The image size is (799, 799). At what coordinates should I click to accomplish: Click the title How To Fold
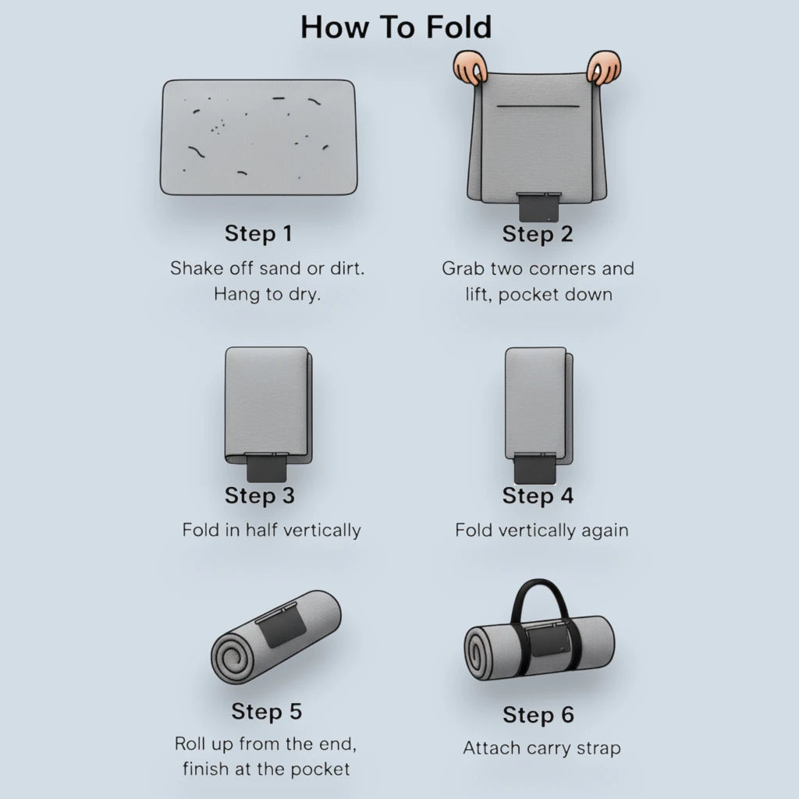pyautogui.click(x=396, y=27)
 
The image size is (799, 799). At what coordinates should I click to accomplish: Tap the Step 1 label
pyautogui.click(x=258, y=233)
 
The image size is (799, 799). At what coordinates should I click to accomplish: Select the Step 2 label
pyautogui.click(x=538, y=234)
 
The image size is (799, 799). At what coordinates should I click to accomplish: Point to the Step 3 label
pyautogui.click(x=260, y=495)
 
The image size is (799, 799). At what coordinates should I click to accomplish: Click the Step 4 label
pyautogui.click(x=538, y=495)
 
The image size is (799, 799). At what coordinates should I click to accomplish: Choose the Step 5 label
pyautogui.click(x=267, y=712)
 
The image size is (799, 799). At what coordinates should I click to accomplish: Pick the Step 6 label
pyautogui.click(x=538, y=715)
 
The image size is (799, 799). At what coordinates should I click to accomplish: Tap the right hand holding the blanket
pyautogui.click(x=604, y=67)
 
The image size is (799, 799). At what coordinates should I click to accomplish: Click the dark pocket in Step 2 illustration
pyautogui.click(x=539, y=207)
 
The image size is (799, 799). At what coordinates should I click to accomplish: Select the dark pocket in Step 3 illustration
pyautogui.click(x=267, y=467)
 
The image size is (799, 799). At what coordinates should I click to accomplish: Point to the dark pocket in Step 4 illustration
pyautogui.click(x=534, y=468)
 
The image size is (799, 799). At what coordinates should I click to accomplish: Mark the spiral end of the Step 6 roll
pyautogui.click(x=478, y=653)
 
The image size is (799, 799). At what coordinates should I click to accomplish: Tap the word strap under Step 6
pyautogui.click(x=598, y=749)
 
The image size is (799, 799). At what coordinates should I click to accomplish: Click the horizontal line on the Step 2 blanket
pyautogui.click(x=538, y=106)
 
